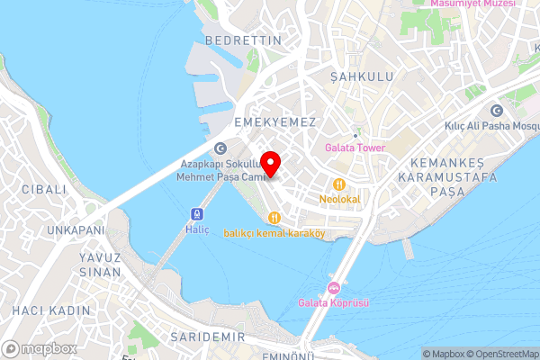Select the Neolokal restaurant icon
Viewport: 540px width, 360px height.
(338, 184)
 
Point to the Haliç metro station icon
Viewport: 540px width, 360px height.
(197, 214)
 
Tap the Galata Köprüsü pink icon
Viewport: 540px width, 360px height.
(333, 288)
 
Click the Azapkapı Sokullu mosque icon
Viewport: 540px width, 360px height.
(220, 149)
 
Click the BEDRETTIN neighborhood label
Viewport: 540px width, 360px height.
(243, 40)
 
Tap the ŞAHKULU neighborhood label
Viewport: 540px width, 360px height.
(362, 76)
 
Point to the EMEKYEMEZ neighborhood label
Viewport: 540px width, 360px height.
(274, 121)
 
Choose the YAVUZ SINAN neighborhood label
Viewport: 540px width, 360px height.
(94, 263)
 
